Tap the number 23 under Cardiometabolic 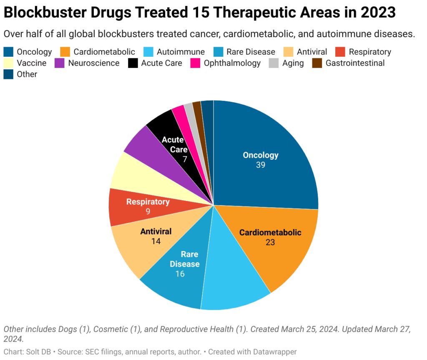click(x=270, y=242)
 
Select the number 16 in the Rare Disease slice click(x=180, y=274)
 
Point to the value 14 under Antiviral click(x=156, y=241)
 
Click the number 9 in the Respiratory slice click(x=148, y=211)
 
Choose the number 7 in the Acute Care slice click(x=185, y=159)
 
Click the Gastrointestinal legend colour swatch click(x=318, y=63)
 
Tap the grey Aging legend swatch click(x=274, y=63)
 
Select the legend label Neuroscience click(x=93, y=63)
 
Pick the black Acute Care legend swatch click(x=133, y=63)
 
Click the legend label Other click(x=27, y=75)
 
